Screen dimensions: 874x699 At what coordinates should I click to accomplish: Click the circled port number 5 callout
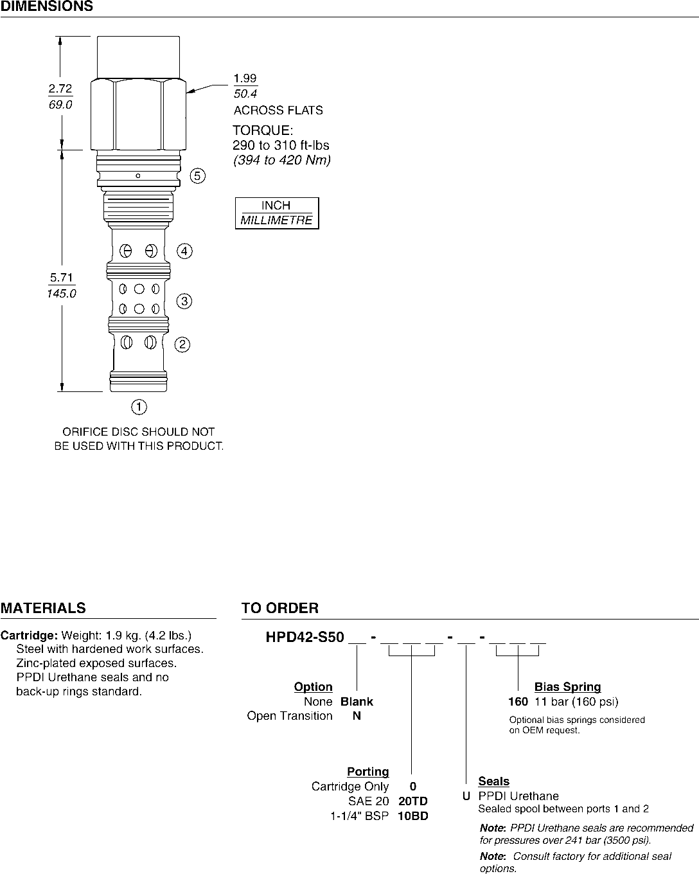[x=198, y=176]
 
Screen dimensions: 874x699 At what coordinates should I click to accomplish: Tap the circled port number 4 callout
[x=184, y=251]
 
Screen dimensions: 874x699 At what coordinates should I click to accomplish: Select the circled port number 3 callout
[x=184, y=301]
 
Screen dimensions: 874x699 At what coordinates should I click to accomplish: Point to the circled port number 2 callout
[x=183, y=345]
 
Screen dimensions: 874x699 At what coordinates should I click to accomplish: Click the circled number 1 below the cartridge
[x=139, y=407]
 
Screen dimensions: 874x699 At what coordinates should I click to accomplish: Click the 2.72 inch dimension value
[x=60, y=89]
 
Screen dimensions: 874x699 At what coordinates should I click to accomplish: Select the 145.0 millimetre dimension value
[x=61, y=294]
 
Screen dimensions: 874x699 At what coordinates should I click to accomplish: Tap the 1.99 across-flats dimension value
[x=245, y=78]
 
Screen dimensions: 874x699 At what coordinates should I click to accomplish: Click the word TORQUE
[x=262, y=130]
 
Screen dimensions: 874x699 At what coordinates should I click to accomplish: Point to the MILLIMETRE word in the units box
[x=276, y=220]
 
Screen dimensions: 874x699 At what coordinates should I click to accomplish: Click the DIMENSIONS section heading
[x=47, y=7]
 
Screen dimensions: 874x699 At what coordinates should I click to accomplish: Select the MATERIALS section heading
[x=43, y=608]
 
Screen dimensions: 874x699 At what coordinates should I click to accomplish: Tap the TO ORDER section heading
[x=279, y=608]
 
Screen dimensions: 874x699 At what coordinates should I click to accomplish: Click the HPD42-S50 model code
[x=301, y=638]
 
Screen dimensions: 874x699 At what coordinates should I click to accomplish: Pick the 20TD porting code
[x=413, y=801]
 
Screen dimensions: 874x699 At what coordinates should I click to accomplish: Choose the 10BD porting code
[x=413, y=816]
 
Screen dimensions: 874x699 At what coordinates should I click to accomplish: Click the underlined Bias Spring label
[x=567, y=687]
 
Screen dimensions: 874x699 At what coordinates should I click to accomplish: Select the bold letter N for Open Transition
[x=357, y=716]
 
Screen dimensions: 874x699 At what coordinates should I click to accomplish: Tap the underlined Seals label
[x=493, y=781]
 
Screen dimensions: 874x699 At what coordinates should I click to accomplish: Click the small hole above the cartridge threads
[x=139, y=176]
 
